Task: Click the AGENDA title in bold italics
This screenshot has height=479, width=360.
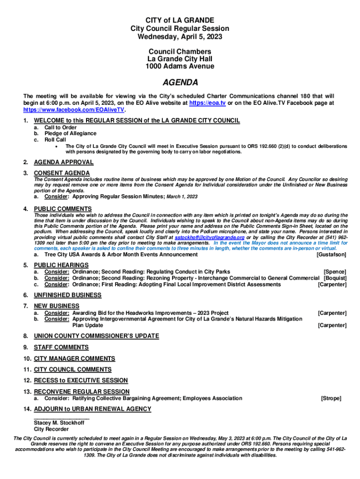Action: coord(180,83)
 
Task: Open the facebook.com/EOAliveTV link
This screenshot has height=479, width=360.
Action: coord(74,109)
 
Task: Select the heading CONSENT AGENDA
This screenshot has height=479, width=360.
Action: coord(62,174)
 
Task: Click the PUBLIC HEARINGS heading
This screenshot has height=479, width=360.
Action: coord(61,265)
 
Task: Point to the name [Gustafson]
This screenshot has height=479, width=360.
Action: coord(331,254)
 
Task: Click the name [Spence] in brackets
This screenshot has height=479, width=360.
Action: coord(335,272)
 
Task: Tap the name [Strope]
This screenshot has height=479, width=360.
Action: coord(331,399)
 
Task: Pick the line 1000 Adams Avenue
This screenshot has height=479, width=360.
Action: coord(180,66)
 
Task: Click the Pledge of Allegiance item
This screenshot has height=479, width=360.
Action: coord(70,133)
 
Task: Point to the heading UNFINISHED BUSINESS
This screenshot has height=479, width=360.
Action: coord(67,295)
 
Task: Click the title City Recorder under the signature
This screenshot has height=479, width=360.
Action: coord(51,429)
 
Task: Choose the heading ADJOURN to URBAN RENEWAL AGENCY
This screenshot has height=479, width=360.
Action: coord(92,409)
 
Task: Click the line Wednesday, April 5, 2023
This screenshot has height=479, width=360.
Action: coord(180,36)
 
